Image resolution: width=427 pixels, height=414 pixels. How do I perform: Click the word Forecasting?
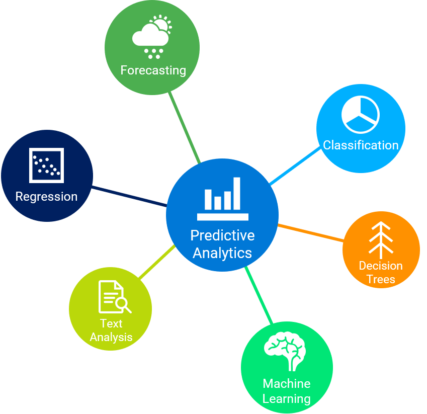[153, 70]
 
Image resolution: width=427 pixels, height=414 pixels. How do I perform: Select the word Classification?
[361, 145]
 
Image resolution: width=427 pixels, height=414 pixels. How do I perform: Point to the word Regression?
[46, 196]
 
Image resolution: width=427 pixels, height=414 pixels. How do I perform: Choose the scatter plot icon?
[46, 165]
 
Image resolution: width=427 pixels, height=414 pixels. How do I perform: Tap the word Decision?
[381, 266]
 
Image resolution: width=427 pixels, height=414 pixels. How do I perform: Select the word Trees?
[381, 279]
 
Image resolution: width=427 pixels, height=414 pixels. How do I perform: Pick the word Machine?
[286, 384]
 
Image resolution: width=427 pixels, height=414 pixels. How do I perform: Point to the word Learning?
[286, 399]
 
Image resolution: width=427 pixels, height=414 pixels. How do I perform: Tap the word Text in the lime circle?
[111, 323]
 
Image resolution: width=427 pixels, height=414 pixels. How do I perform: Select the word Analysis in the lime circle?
[111, 337]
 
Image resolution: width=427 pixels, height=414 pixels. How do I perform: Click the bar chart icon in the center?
[222, 199]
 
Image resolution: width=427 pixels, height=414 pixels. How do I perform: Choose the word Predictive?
[222, 235]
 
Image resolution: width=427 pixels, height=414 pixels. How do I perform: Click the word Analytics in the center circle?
[222, 253]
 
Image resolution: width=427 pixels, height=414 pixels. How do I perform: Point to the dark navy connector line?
[129, 197]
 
